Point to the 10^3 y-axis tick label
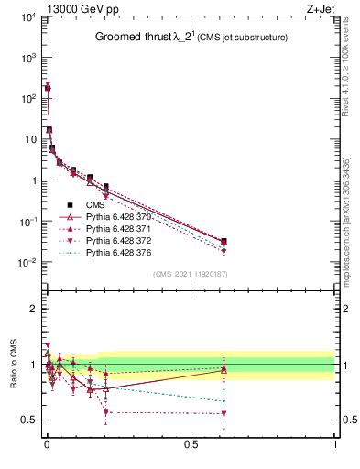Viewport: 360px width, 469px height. (27, 58)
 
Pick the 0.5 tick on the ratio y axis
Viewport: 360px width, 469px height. (29, 420)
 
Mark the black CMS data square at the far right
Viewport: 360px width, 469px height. (224, 241)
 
